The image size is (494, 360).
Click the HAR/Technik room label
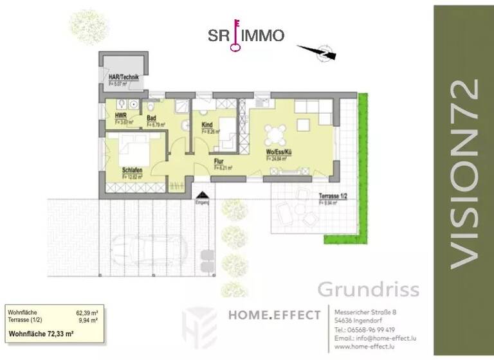(x=123, y=76)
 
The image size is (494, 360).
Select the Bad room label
(x=152, y=118)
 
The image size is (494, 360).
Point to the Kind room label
(x=207, y=125)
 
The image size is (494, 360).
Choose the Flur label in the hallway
(x=219, y=162)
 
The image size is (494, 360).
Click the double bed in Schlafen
(x=135, y=152)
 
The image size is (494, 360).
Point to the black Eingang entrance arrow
(x=203, y=195)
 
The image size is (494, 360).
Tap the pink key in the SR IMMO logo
(x=235, y=35)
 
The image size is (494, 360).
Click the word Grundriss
(x=368, y=289)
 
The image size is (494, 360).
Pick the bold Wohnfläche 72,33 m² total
(x=41, y=334)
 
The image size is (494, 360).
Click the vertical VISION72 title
(x=464, y=174)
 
